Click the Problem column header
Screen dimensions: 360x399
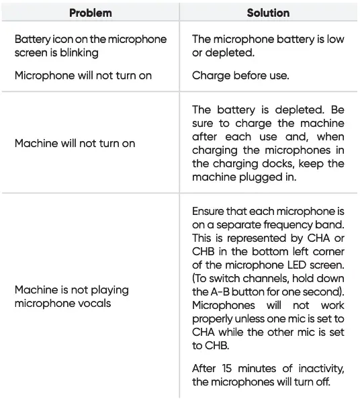click(x=90, y=13)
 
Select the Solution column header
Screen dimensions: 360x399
click(x=268, y=13)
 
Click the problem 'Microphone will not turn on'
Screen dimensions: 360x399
click(x=83, y=75)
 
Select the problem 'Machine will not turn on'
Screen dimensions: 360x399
click(x=75, y=143)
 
